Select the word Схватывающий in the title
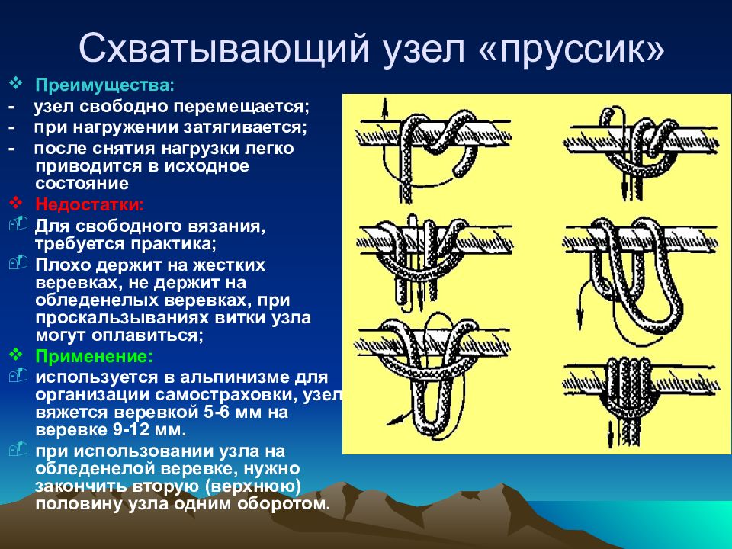coord(224,49)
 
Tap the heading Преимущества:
coord(105,85)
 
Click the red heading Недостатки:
coord(90,204)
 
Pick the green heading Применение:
coord(95,356)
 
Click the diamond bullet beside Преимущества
coord(16,84)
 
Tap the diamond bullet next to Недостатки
coord(16,203)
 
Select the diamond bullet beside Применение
coord(16,355)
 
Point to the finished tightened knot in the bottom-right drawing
coord(629,389)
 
